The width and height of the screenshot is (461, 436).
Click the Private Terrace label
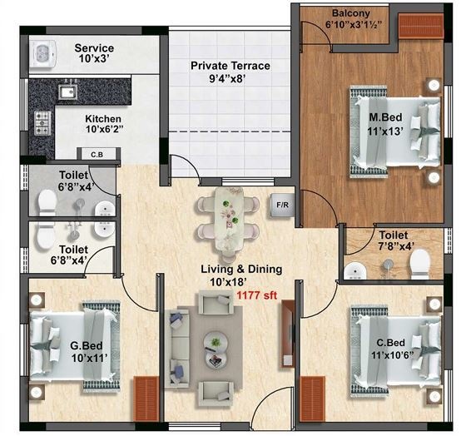coord(230,65)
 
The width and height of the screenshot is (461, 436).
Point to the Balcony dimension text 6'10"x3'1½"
coord(357,25)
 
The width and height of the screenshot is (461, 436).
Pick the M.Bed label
coord(387,116)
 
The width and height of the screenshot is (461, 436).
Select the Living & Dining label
coord(240,269)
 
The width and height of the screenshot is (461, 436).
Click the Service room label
coord(94,48)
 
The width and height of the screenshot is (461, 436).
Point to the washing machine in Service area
coord(42,54)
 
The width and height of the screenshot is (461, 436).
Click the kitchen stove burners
coord(41,126)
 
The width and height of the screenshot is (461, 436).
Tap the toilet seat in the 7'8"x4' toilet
coord(419,264)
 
